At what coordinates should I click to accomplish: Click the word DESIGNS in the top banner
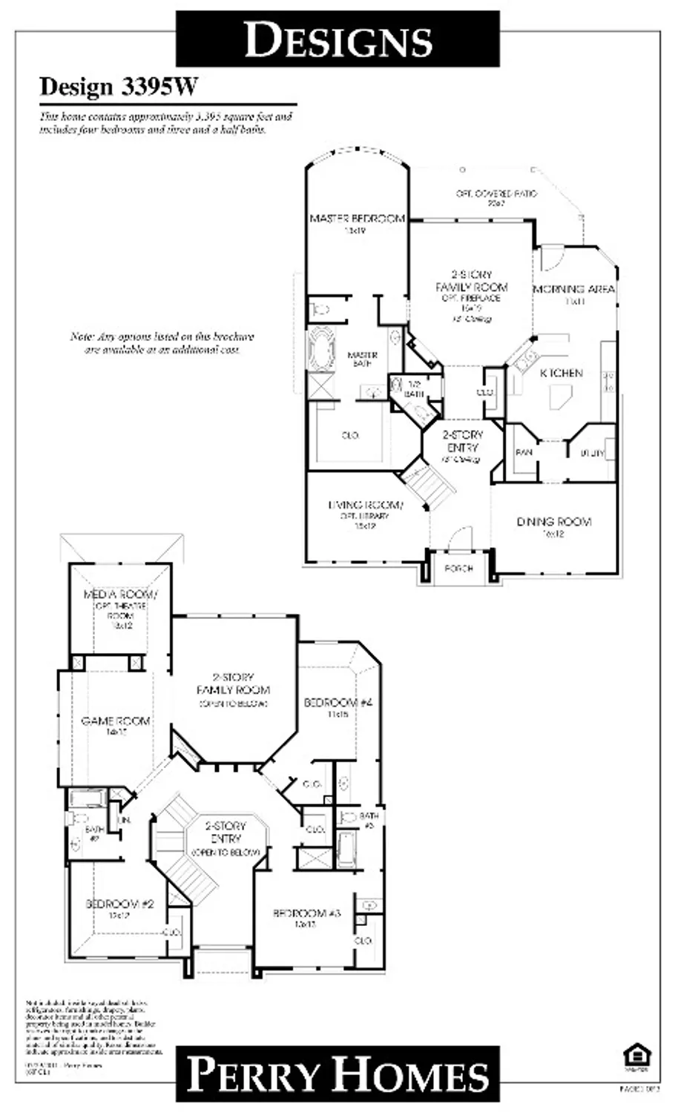point(338,39)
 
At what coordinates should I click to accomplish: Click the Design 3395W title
point(119,87)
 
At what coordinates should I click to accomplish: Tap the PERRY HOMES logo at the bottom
point(338,1074)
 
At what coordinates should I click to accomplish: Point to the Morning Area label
point(574,289)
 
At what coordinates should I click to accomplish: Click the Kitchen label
point(561,373)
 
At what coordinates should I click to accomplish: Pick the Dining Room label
point(554,522)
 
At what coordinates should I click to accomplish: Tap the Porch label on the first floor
point(458,569)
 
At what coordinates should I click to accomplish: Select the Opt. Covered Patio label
point(496,194)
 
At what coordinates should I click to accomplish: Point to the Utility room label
point(592,452)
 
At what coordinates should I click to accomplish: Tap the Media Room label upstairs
point(119,595)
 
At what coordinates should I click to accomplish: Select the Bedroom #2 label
point(119,904)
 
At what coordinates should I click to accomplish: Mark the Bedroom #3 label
point(306,913)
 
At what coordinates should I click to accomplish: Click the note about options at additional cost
point(162,342)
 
